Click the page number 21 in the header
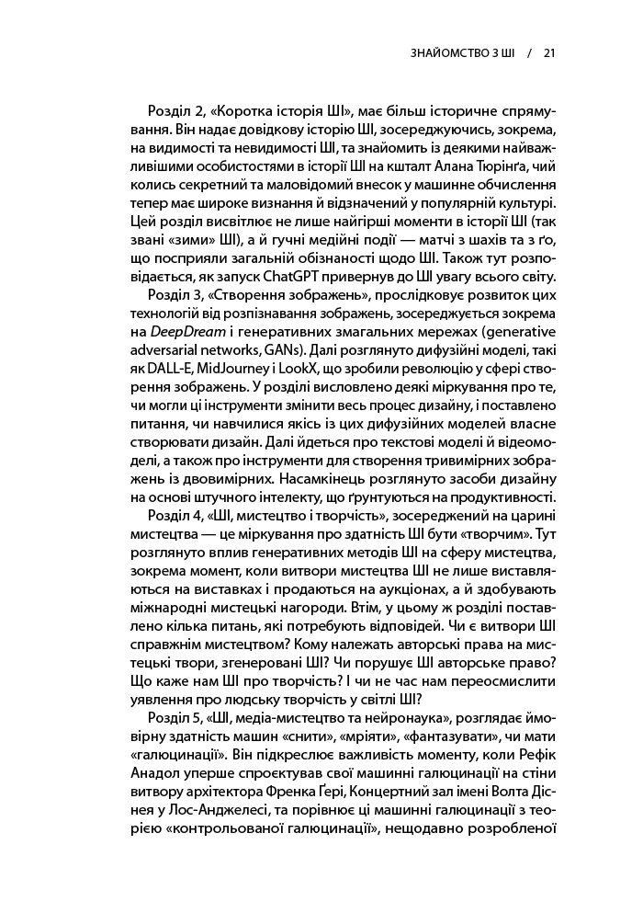pyautogui.click(x=549, y=52)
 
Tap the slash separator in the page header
pyautogui.click(x=529, y=52)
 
